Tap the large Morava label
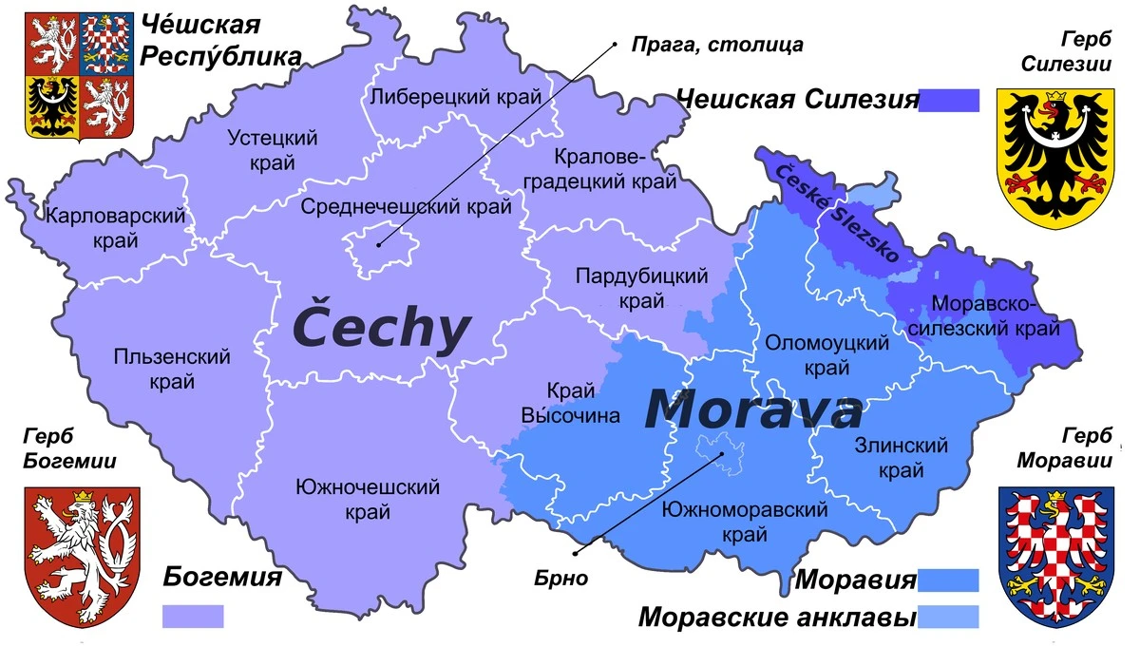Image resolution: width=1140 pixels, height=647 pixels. [x=752, y=409]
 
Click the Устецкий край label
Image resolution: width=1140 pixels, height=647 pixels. [x=273, y=150]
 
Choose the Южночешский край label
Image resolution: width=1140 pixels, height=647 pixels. [x=368, y=500]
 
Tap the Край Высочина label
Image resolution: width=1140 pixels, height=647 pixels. [x=570, y=403]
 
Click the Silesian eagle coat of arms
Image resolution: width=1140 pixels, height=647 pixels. [x=1054, y=156]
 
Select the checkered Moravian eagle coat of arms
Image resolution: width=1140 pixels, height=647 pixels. [x=1055, y=555]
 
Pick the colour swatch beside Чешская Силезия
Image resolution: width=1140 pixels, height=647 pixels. [x=949, y=100]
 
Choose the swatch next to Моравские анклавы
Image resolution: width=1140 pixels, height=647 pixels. [x=949, y=617]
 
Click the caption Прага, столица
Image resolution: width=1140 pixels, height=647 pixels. [x=718, y=44]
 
